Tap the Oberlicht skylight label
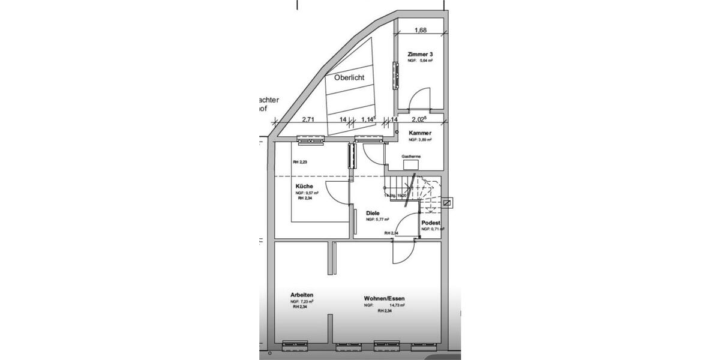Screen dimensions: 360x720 (x=349, y=78)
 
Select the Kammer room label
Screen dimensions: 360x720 (x=421, y=133)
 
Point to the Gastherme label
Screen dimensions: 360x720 (x=411, y=157)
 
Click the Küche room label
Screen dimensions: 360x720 (x=304, y=187)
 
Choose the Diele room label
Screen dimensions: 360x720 (x=373, y=213)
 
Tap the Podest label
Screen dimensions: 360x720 (x=431, y=223)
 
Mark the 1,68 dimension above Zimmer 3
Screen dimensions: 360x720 (x=421, y=31)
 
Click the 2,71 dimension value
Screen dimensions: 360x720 (x=308, y=120)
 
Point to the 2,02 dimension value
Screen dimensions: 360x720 (x=419, y=120)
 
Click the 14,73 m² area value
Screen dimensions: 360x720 (x=397, y=305)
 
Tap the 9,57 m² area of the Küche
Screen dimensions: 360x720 (x=311, y=193)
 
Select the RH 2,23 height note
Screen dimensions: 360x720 (x=299, y=163)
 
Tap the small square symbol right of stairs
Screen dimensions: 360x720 (x=446, y=203)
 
